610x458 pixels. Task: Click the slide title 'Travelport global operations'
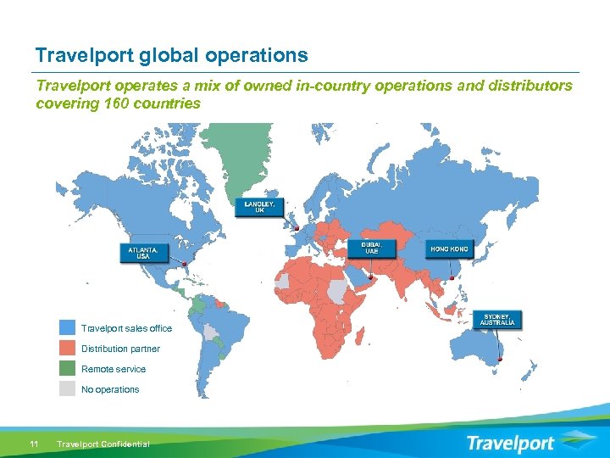pyautogui.click(x=171, y=56)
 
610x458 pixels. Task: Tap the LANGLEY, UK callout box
pyautogui.click(x=259, y=207)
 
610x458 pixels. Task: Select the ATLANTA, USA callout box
pyautogui.click(x=142, y=253)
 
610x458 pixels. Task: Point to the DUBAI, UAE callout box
pyautogui.click(x=372, y=248)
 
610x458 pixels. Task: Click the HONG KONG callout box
pyautogui.click(x=449, y=249)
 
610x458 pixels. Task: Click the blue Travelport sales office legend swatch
pyautogui.click(x=68, y=328)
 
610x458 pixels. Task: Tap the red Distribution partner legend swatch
pyautogui.click(x=68, y=349)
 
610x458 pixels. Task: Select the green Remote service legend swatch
pyautogui.click(x=68, y=369)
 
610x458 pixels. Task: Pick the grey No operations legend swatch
pyautogui.click(x=68, y=389)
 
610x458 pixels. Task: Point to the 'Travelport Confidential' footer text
pyautogui.click(x=103, y=444)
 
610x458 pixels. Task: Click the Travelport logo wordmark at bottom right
pyautogui.click(x=512, y=444)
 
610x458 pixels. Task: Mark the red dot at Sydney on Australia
pyautogui.click(x=500, y=360)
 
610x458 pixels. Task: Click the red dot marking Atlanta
pyautogui.click(x=184, y=264)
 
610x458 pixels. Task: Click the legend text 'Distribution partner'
pyautogui.click(x=120, y=349)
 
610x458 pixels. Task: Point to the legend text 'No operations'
pyautogui.click(x=110, y=389)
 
